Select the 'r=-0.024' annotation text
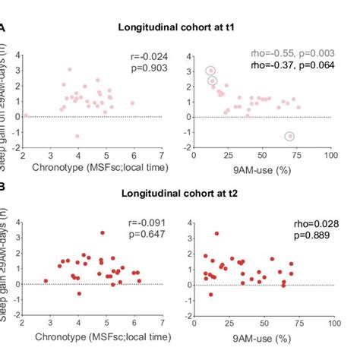[144, 57]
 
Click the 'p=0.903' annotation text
[147, 69]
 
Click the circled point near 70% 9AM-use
[289, 137]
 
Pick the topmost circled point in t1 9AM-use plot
[210, 71]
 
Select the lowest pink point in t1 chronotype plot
[77, 137]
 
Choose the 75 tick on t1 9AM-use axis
[296, 154]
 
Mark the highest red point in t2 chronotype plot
[103, 233]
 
